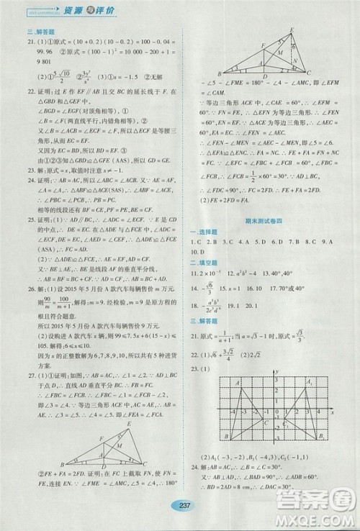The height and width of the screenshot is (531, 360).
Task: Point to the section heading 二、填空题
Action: click(204, 263)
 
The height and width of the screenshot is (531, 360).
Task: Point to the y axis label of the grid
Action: click(276, 371)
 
